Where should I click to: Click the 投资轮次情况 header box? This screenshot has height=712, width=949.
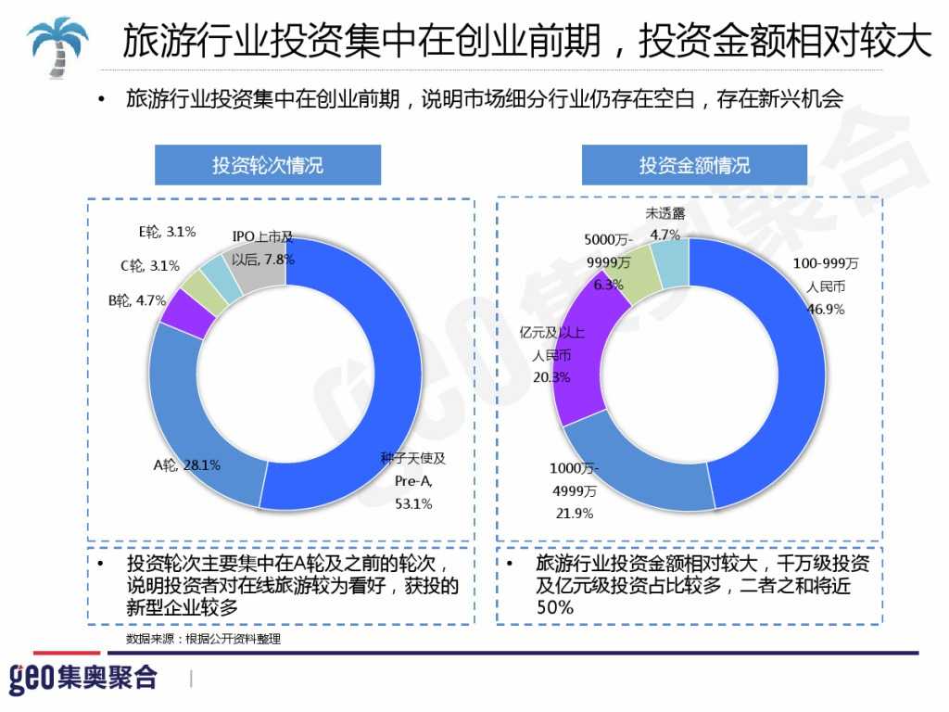point(268,165)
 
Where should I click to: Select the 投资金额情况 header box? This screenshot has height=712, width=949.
point(694,165)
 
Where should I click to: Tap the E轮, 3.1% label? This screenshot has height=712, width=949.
point(167,232)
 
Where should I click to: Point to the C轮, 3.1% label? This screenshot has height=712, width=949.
point(149,266)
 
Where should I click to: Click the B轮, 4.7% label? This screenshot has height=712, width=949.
point(136,300)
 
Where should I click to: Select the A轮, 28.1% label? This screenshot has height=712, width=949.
point(186,464)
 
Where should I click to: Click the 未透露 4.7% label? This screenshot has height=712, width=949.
point(665,224)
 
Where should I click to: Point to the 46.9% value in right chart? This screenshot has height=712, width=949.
point(826,310)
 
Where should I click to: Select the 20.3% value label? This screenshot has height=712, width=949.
point(550,377)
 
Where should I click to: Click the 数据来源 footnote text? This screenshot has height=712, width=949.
point(203,639)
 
